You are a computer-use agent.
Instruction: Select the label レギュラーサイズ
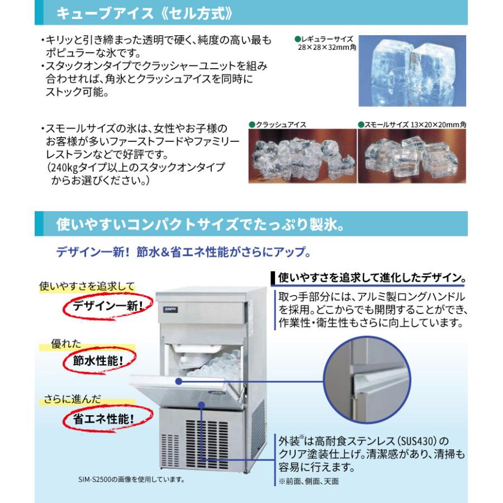[x=327, y=40]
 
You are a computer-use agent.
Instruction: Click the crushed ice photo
[x=302, y=156]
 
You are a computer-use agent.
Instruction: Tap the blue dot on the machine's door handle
[x=178, y=381]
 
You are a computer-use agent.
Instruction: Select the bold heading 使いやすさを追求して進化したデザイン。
[x=372, y=277]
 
